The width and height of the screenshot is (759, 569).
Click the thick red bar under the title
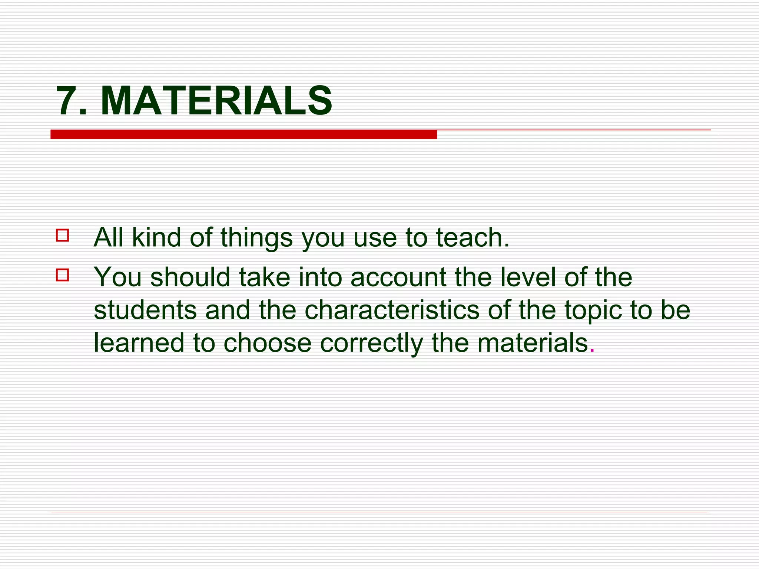coord(243,134)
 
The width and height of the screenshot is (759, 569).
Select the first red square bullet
coord(62,236)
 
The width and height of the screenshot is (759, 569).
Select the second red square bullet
coord(62,275)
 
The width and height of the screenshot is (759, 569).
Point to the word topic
coord(593,310)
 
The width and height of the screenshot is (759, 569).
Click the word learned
coord(139,342)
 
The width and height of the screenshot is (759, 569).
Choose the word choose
coord(267,342)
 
